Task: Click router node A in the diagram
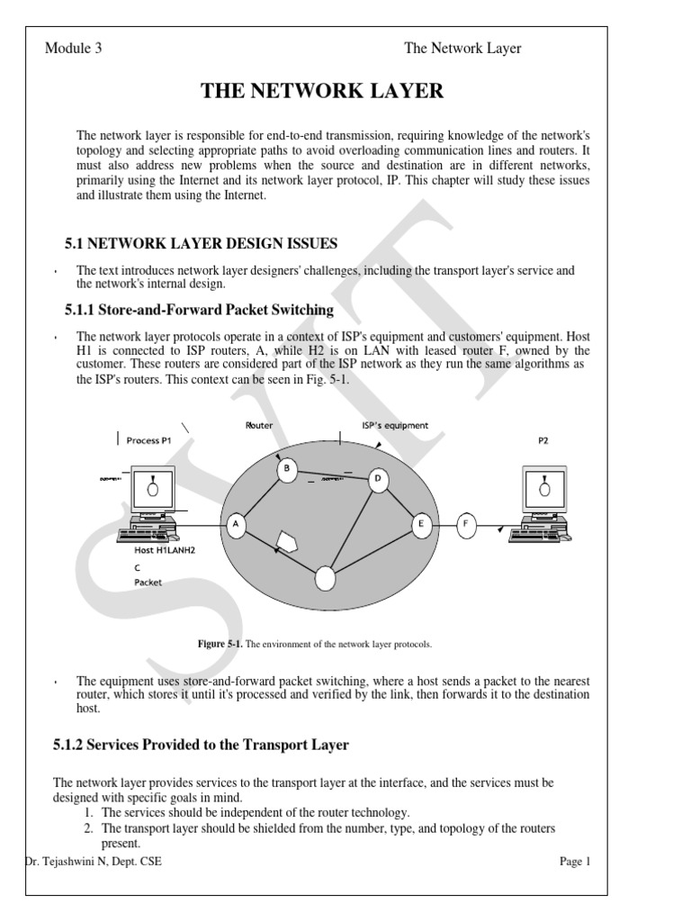(x=236, y=526)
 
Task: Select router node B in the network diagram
(x=286, y=469)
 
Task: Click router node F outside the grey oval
(x=465, y=525)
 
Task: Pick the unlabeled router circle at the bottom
(x=325, y=578)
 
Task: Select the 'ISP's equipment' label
(x=395, y=425)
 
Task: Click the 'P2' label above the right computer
(x=543, y=440)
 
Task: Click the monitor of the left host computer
(x=154, y=491)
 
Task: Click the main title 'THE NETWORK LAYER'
(x=323, y=90)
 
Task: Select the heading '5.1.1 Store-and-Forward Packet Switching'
(x=199, y=310)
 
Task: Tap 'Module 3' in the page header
(x=74, y=49)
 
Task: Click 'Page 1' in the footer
(x=574, y=862)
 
